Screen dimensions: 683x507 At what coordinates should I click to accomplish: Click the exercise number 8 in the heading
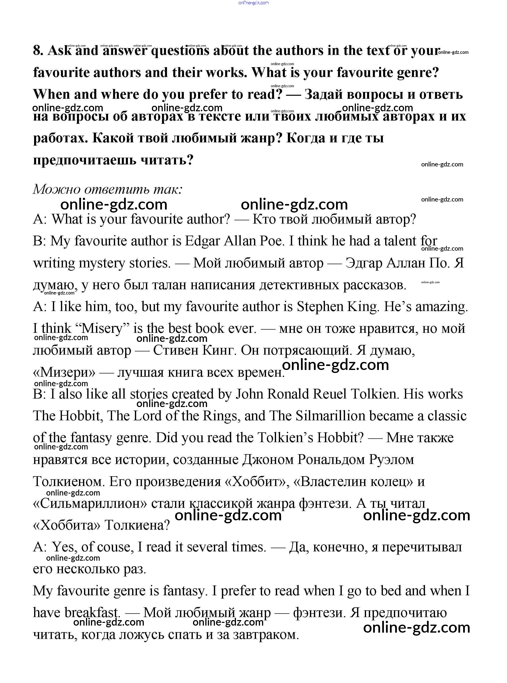tap(37, 51)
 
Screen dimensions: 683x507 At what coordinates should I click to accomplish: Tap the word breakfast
tap(92, 613)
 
